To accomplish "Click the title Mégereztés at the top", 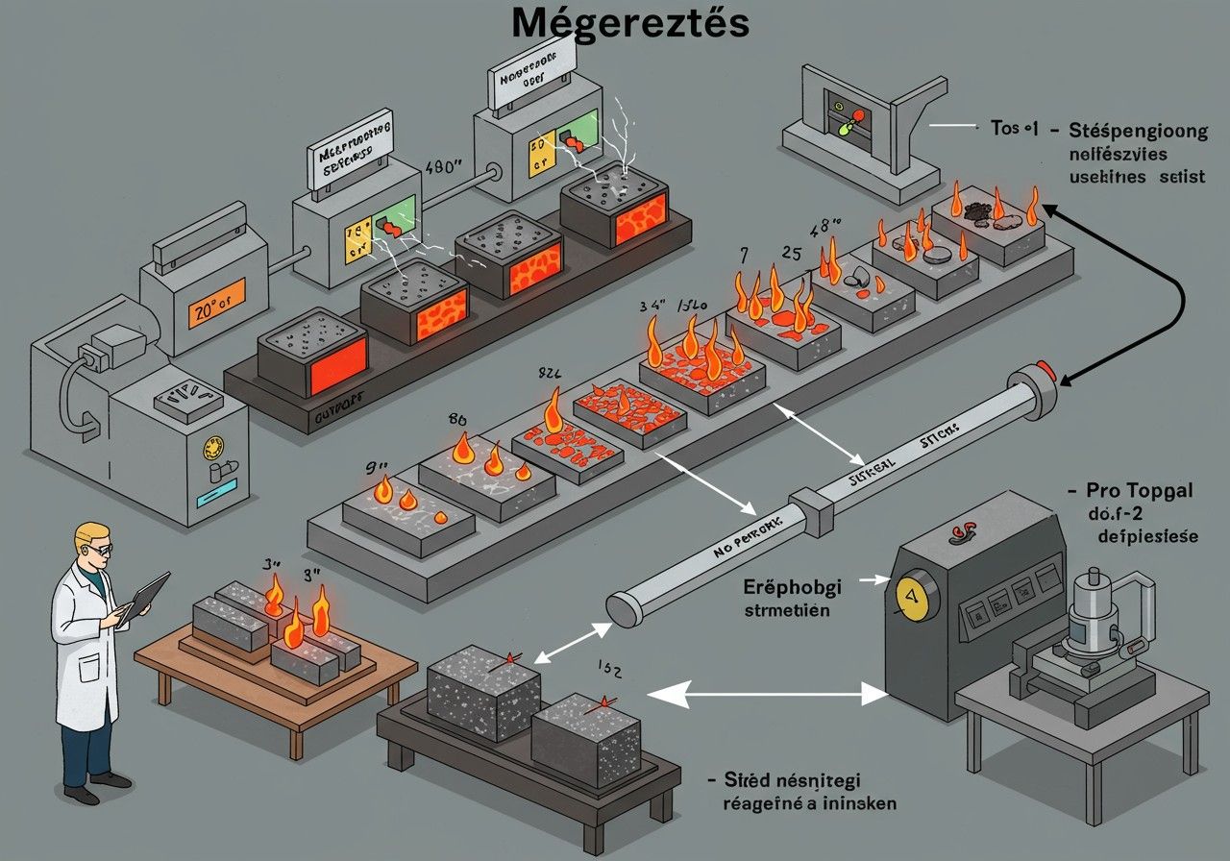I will coord(629,23).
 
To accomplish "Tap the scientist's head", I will coord(94,543).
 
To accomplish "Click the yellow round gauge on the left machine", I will coord(209,449).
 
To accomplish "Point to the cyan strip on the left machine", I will coord(209,500).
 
